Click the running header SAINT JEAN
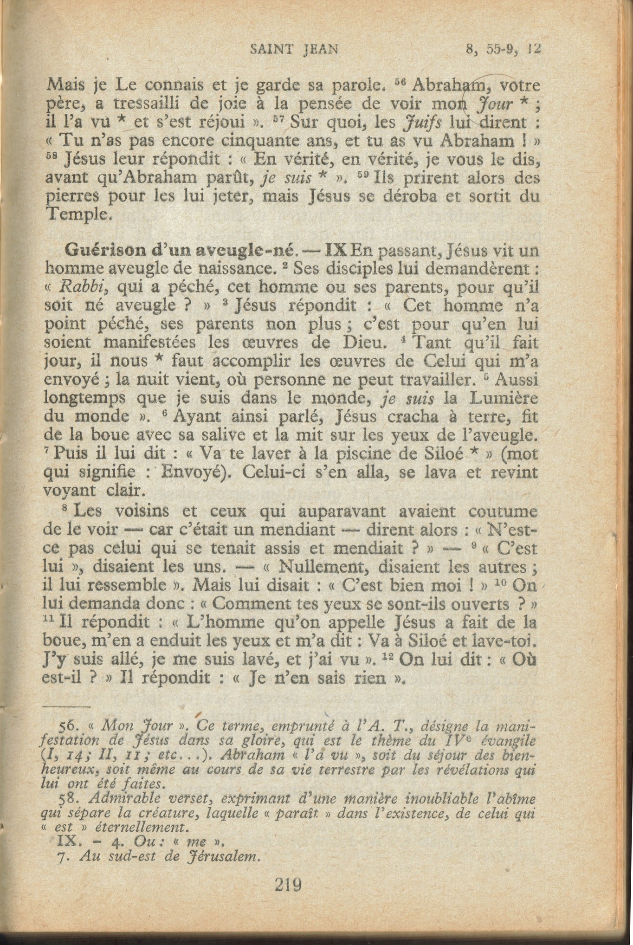[293, 49]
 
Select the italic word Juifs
[420, 123]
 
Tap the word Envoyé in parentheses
[199, 473]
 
